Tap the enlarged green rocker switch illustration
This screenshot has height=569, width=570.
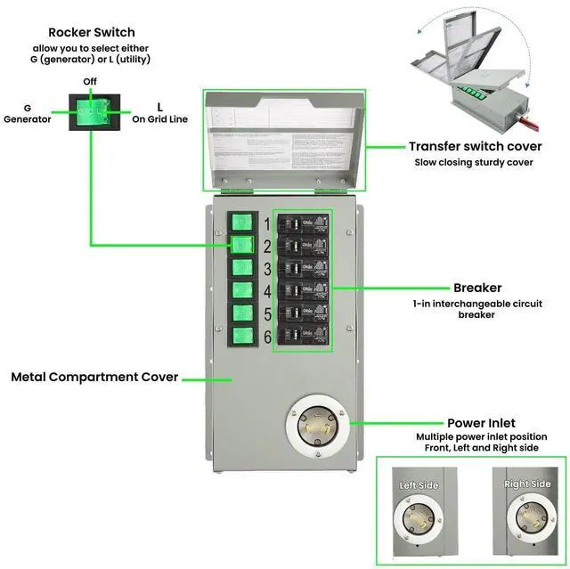pos(92,111)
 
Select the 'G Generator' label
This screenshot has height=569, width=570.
pos(28,113)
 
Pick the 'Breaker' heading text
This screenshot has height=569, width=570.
pos(476,288)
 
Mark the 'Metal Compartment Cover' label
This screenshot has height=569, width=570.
pos(94,377)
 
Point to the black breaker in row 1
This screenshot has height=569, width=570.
pos(302,224)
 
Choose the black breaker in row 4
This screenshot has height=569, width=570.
pos(302,290)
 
